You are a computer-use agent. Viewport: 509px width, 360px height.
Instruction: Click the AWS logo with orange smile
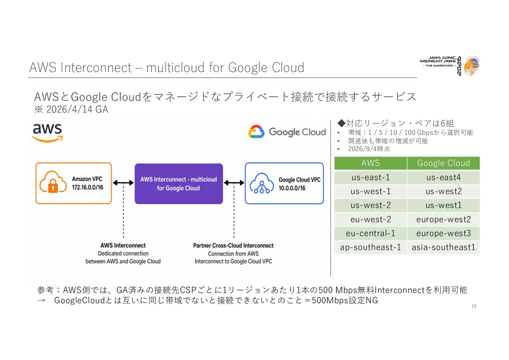click(47, 133)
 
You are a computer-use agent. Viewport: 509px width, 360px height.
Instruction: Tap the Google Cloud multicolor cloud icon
click(256, 132)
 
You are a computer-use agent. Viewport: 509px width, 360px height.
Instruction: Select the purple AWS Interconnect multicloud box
click(179, 184)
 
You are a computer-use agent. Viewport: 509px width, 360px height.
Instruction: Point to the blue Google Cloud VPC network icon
click(262, 183)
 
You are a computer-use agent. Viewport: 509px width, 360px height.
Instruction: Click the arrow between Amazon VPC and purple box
click(123, 183)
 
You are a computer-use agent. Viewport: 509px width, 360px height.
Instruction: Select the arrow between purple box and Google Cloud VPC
click(234, 183)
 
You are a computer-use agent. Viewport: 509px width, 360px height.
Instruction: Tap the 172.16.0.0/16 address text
click(87, 187)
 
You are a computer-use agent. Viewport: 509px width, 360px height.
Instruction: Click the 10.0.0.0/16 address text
click(292, 188)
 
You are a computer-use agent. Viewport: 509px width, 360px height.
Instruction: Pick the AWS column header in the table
click(370, 163)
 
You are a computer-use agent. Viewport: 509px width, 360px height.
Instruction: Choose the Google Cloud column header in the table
click(443, 163)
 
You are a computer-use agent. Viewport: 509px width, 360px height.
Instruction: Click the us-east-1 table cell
click(370, 177)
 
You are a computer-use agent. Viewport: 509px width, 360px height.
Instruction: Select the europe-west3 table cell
click(443, 233)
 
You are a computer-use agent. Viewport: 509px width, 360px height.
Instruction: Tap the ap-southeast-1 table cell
click(370, 247)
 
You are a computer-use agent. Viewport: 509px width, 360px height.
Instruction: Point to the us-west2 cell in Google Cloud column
click(443, 191)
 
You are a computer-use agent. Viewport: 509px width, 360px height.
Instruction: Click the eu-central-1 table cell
click(370, 233)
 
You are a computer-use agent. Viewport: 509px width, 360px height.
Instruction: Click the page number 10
click(474, 306)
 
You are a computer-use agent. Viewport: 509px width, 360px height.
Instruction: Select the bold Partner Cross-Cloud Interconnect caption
click(233, 246)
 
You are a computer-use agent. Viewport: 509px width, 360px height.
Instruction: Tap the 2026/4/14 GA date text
click(77, 110)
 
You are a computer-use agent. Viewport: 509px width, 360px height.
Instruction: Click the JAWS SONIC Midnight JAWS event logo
click(450, 66)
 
